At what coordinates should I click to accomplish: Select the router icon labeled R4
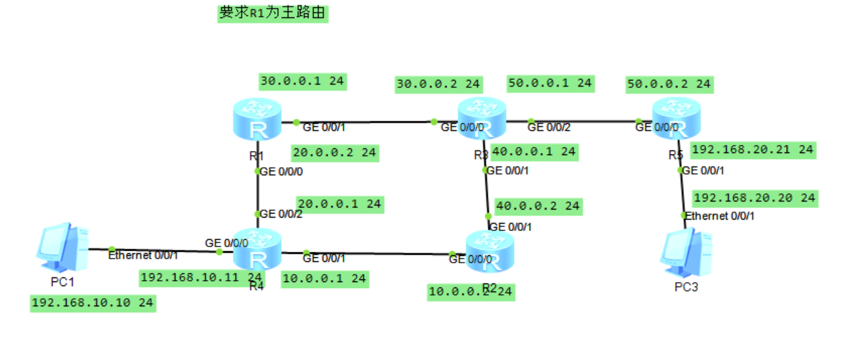[x=257, y=251]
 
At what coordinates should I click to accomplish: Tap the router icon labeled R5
[x=676, y=119]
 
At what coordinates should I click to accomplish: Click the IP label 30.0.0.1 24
[x=302, y=81]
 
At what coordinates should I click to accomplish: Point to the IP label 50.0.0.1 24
[x=550, y=83]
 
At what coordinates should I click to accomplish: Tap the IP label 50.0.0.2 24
[x=669, y=84]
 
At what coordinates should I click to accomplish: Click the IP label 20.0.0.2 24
[x=334, y=152]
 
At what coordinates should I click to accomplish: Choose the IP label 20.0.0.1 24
[x=339, y=204]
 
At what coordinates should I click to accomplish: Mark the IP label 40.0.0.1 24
[x=534, y=152]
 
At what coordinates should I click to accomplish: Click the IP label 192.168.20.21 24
[x=752, y=149]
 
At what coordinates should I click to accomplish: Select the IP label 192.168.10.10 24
[x=92, y=303]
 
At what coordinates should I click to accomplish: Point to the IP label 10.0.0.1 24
[x=325, y=277]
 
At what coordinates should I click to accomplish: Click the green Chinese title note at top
[x=272, y=13]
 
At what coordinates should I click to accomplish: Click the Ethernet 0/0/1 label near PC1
[x=143, y=255]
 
